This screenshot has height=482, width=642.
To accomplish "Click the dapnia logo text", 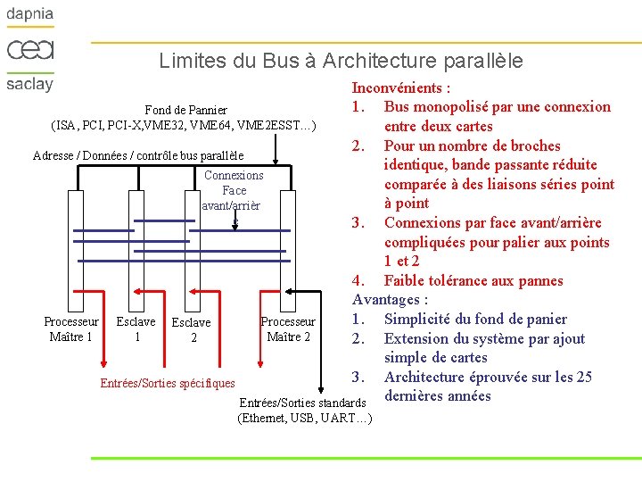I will (x=30, y=15).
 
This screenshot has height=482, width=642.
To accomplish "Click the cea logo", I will (x=30, y=49).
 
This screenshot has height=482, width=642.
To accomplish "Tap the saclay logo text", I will (x=30, y=84).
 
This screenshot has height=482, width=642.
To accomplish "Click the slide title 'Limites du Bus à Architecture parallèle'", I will (x=341, y=61).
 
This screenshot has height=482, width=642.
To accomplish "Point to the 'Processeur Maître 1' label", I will (x=71, y=328).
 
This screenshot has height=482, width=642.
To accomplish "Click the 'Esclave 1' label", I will (x=136, y=328).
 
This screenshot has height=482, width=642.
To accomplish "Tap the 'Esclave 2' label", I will (x=191, y=329).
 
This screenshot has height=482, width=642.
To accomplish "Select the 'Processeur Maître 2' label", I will (x=288, y=328).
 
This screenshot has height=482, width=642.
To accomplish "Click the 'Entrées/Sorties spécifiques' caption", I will (x=168, y=383).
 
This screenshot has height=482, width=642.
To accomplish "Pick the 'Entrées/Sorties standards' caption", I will (x=303, y=403).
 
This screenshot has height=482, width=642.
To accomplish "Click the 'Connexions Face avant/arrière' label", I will (x=233, y=190).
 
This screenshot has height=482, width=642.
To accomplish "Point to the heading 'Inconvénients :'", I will (x=400, y=87).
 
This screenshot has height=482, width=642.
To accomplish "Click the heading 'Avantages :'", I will (x=391, y=300).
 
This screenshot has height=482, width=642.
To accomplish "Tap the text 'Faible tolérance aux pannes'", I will (x=473, y=280).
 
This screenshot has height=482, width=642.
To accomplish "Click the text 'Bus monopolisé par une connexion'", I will (x=497, y=107).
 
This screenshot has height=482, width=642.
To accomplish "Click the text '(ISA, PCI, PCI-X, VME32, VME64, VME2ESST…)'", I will (x=185, y=125).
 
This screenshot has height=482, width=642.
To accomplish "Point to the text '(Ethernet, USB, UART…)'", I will (x=304, y=419).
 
